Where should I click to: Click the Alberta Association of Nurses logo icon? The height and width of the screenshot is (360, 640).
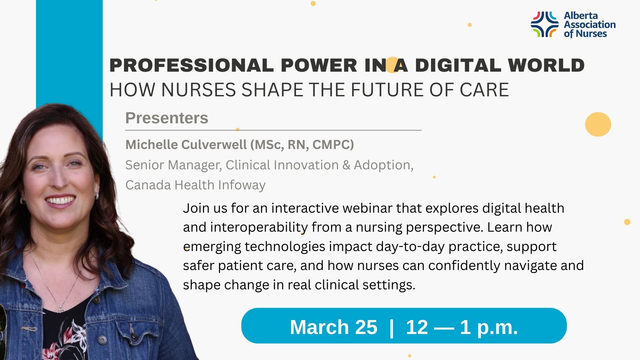tap(544, 24)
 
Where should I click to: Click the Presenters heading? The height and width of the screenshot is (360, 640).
tap(167, 118)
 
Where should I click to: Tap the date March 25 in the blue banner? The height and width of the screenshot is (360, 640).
tap(333, 327)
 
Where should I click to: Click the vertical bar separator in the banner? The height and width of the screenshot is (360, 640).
tap(391, 327)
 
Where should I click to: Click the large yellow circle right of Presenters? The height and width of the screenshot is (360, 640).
tap(598, 124)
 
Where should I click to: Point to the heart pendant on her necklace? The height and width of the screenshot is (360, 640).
tap(60, 310)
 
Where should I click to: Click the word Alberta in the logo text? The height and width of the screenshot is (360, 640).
tap(581, 16)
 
